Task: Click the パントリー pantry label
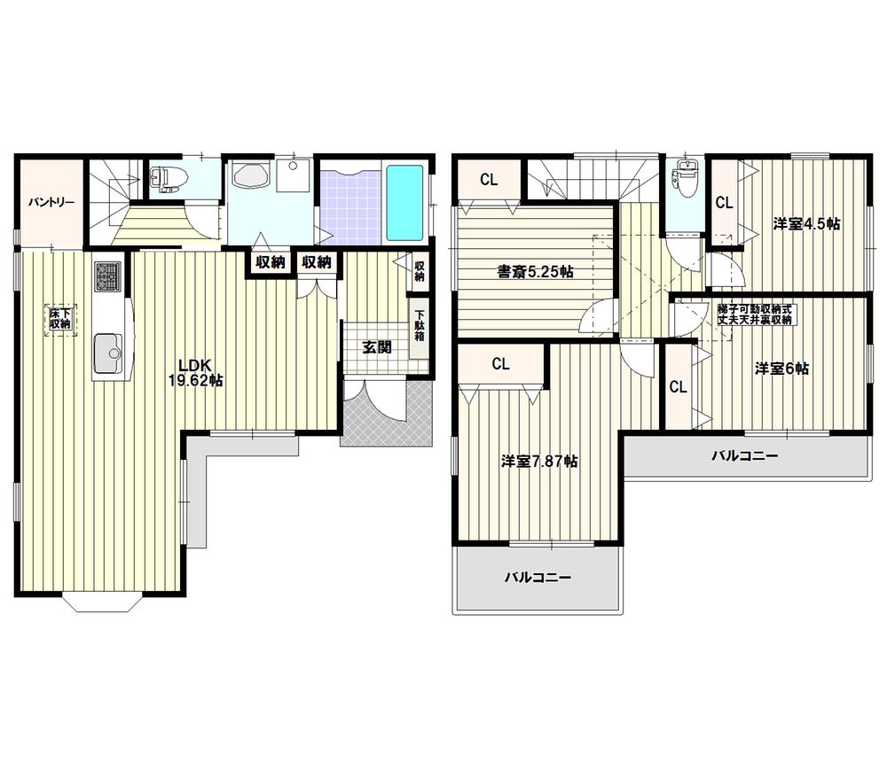click(50, 202)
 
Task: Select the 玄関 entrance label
click(376, 346)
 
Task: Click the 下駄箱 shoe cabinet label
click(420, 325)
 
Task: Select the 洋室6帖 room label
click(781, 368)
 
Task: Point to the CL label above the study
click(489, 179)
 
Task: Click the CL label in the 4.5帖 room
click(724, 202)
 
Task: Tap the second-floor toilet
click(684, 180)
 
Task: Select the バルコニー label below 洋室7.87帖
click(538, 577)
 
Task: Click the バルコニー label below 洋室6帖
click(745, 456)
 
